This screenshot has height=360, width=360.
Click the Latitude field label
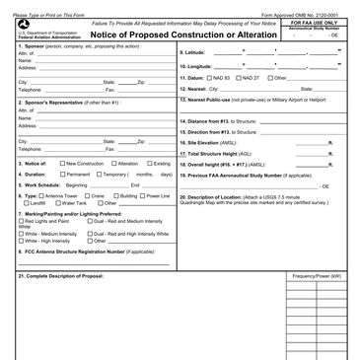[x=194, y=52]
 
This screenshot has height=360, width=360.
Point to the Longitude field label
[x=196, y=64]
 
